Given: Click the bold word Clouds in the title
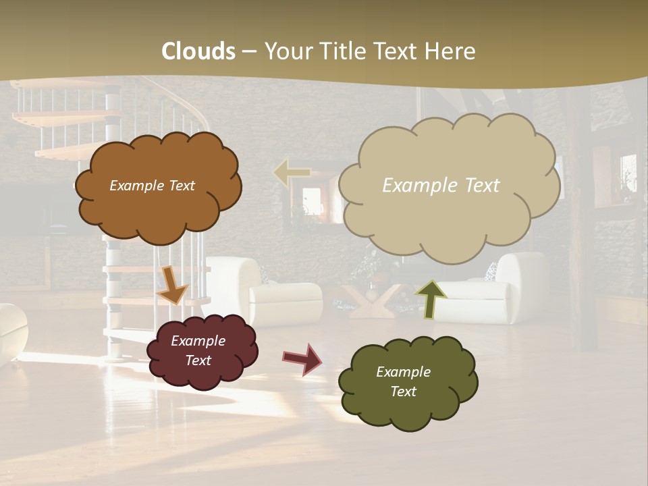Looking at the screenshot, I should [x=198, y=51].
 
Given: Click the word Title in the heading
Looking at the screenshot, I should [x=343, y=51].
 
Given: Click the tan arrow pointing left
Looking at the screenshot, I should [x=292, y=173].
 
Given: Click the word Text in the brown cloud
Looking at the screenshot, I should [x=181, y=186].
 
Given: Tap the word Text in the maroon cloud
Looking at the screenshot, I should [x=198, y=361].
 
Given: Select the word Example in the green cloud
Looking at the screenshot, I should [x=403, y=372].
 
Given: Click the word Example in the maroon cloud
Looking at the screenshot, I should [x=198, y=341].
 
